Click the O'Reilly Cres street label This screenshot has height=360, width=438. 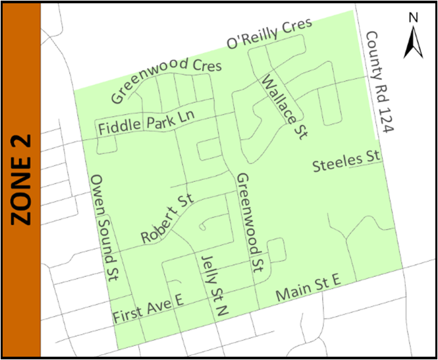[269, 34]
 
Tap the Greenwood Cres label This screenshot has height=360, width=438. [167, 80]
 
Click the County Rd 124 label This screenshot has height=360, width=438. [379, 82]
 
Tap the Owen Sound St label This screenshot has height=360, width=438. [104, 227]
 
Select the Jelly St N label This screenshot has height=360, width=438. [211, 287]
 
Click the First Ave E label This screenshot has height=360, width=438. [148, 308]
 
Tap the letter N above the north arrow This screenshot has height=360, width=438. [413, 18]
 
